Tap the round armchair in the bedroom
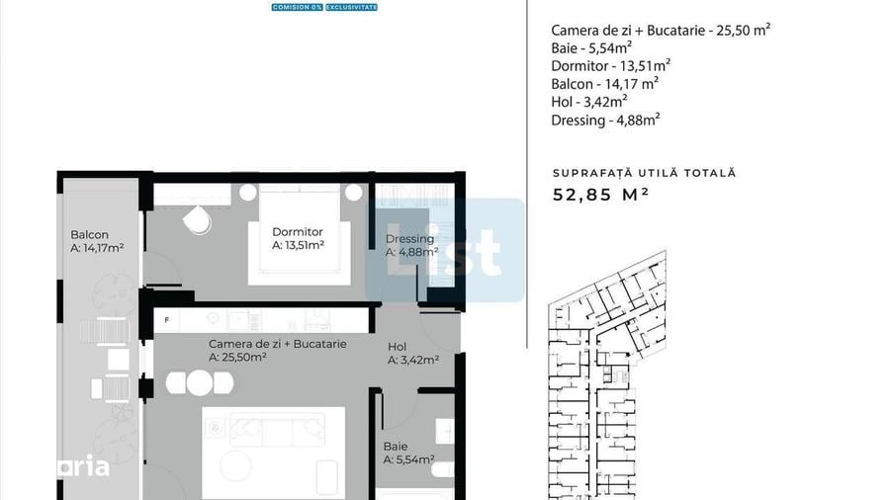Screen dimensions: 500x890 point(198,220)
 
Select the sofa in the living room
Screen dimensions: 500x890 point(277,428)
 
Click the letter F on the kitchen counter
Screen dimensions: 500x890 point(167,320)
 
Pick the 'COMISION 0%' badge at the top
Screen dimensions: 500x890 point(297,7)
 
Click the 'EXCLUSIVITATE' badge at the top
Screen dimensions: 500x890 point(351,7)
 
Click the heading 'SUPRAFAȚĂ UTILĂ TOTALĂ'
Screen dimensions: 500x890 point(644,173)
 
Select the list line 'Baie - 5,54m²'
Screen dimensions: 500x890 point(591,46)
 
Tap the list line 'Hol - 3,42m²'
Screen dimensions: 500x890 point(589,101)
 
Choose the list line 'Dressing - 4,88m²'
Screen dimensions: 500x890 point(605,120)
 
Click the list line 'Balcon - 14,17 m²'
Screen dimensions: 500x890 point(604,83)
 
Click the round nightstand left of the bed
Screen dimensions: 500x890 point(248,192)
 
